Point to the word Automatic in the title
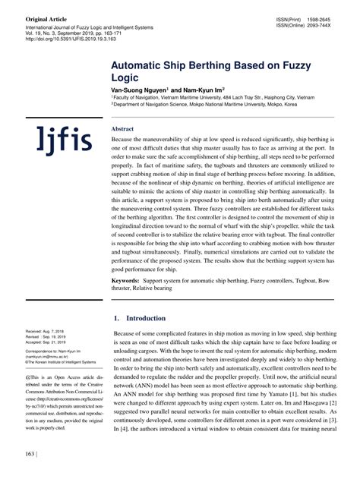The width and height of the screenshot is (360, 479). pyautogui.click(x=145, y=65)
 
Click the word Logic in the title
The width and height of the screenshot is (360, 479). pyautogui.click(x=128, y=77)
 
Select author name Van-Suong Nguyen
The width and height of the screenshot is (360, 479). pyautogui.click(x=141, y=89)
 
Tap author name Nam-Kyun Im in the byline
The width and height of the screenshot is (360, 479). pyautogui.click(x=202, y=89)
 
